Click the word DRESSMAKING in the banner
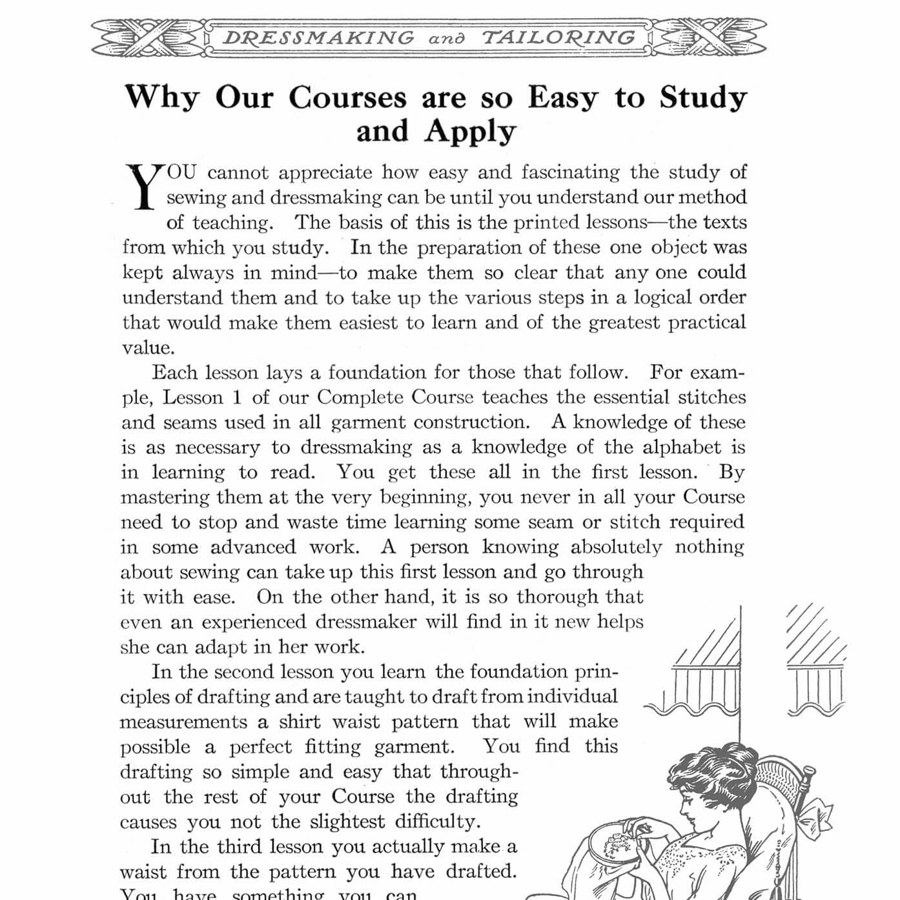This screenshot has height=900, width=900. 318,37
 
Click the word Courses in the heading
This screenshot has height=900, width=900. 347,98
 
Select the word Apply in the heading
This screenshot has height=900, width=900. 471,132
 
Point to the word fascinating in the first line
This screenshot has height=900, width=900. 570,172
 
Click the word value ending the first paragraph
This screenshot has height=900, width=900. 147,348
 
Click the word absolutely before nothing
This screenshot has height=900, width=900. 616,547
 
